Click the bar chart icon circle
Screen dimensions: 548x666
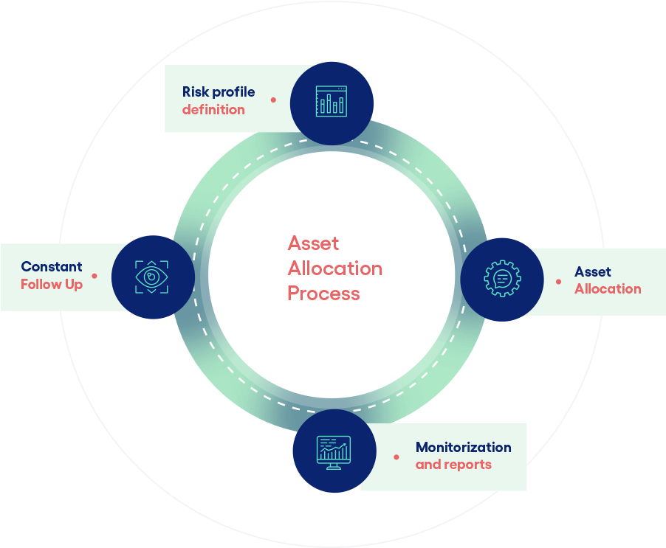pyautogui.click(x=332, y=103)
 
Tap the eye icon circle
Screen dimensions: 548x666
pyautogui.click(x=152, y=277)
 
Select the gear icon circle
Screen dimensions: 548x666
pyautogui.click(x=502, y=278)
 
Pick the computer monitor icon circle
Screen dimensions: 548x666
pyautogui.click(x=334, y=450)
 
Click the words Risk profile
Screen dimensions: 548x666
pyautogui.click(x=219, y=92)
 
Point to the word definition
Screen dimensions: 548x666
pyautogui.click(x=213, y=110)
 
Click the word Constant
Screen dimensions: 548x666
pyautogui.click(x=52, y=267)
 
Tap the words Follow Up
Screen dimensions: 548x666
pyautogui.click(x=52, y=284)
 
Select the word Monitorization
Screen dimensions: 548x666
pyautogui.click(x=463, y=447)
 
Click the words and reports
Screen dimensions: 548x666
pyautogui.click(x=453, y=465)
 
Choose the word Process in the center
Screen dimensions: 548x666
pyautogui.click(x=323, y=294)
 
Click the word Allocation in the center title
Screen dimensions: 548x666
pyautogui.click(x=335, y=268)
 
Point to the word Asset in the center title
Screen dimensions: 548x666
pyautogui.click(x=313, y=243)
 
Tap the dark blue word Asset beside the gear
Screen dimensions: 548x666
pyautogui.click(x=593, y=271)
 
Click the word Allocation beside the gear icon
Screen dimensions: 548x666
pyautogui.click(x=608, y=288)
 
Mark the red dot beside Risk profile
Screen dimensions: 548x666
pyautogui.click(x=273, y=99)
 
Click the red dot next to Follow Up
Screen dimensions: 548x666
pyautogui.click(x=94, y=276)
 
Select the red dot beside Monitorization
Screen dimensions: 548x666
pyautogui.click(x=396, y=457)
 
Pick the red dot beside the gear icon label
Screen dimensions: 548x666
pyautogui.click(x=558, y=281)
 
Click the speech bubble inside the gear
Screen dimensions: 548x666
pyautogui.click(x=502, y=278)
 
